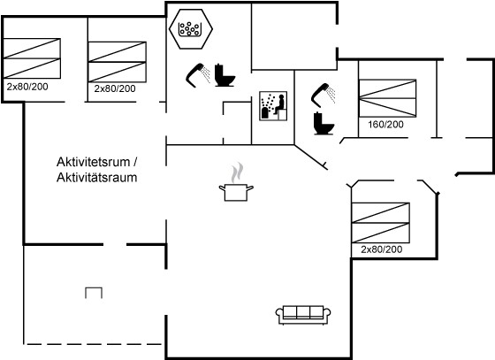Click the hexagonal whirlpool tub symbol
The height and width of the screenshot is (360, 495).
point(191,28)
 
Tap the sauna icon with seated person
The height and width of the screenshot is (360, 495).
point(273,106)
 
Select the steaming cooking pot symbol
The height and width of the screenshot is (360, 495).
point(236,182)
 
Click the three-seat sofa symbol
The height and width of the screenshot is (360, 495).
point(303,315)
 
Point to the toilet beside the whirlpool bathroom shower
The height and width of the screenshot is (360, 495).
point(225,75)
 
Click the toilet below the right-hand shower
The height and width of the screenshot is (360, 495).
point(324,124)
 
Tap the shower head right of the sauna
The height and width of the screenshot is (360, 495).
point(324,94)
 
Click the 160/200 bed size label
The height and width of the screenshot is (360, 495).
point(385,125)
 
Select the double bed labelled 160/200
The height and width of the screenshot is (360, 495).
point(387,98)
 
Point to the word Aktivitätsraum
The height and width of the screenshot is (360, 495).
point(97,178)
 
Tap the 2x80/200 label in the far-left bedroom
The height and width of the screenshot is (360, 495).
point(27,87)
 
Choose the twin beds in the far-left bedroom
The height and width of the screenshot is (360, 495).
point(32,58)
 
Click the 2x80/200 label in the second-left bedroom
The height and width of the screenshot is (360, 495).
point(115,88)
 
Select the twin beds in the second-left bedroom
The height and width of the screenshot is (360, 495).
point(117,62)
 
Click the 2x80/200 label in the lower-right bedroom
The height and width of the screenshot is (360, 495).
point(381,249)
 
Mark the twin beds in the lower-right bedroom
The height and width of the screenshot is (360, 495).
point(381,223)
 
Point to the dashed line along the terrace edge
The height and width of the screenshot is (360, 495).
point(94,344)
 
